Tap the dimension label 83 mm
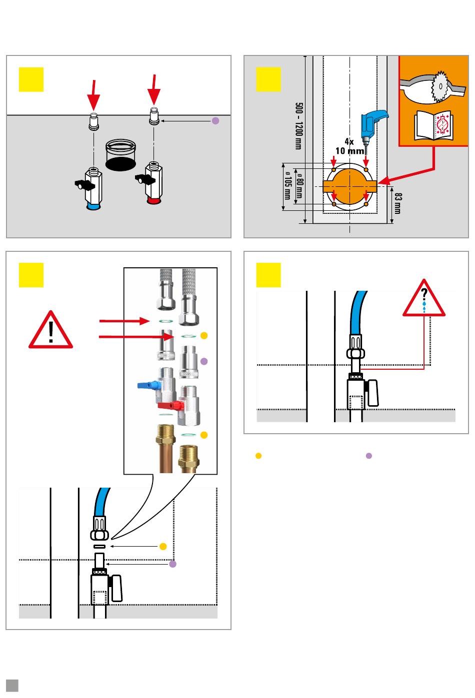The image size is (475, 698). tap(397, 203)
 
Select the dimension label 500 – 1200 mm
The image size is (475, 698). tap(298, 125)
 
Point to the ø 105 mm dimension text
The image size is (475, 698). tap(287, 185)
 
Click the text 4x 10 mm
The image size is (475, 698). tap(349, 146)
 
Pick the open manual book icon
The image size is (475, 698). tap(434, 125)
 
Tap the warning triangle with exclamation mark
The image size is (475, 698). tap(50, 331)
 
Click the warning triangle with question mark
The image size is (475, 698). tap(424, 299)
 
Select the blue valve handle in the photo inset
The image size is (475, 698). tap(147, 385)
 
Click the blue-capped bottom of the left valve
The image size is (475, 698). tap(93, 205)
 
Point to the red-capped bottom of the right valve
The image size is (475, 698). tap(154, 200)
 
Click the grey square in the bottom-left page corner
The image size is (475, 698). tap(12, 685)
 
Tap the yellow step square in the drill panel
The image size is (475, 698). tap(268, 79)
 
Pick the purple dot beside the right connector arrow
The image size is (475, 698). tap(215, 120)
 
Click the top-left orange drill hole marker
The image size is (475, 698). tap(333, 169)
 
